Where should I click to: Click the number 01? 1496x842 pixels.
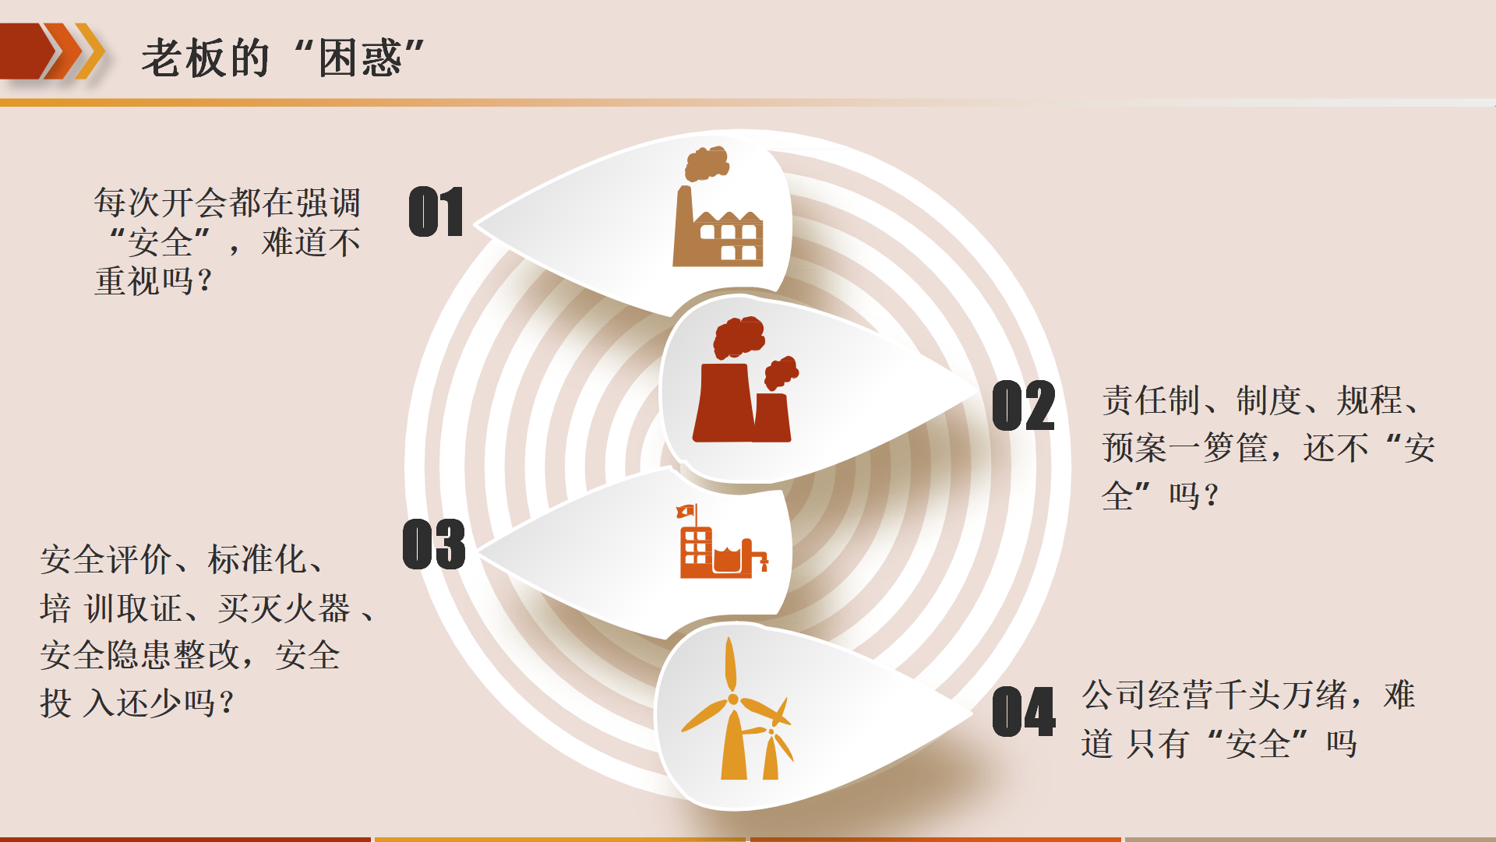pos(436,211)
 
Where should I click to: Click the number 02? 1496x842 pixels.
pos(1024,406)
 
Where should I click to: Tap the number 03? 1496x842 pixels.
pos(434,544)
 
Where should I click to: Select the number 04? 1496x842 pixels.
pos(1024,711)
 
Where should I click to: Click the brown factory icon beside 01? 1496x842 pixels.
pos(718,206)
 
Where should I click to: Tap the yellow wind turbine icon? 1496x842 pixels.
pos(737,708)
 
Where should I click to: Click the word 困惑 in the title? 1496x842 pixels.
pos(360,58)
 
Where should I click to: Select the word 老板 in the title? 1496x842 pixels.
pos(184,58)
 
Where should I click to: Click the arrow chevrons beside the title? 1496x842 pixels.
pos(53,51)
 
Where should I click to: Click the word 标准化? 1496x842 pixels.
pos(257,559)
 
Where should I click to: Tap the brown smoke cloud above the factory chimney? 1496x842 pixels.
pos(707,164)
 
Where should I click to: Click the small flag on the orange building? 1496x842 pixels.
pos(686,511)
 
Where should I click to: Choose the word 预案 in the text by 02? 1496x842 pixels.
pos(1134,448)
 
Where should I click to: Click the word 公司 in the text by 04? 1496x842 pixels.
pos(1115,695)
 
